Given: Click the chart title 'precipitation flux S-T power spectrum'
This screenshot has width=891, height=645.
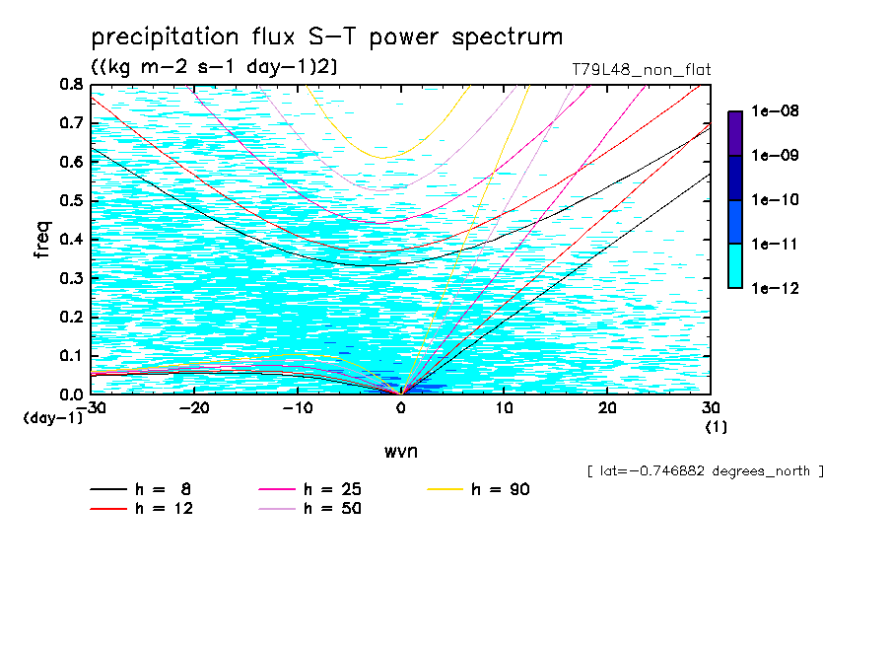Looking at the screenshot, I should [x=327, y=37].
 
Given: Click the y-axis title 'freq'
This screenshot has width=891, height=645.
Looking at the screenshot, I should [x=42, y=240].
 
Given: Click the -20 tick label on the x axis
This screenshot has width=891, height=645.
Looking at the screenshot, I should [x=193, y=408].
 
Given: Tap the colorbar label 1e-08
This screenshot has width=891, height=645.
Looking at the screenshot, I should [x=772, y=112].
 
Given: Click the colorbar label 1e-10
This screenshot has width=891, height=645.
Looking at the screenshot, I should [x=772, y=200].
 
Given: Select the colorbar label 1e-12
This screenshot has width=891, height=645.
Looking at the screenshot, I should [x=772, y=288].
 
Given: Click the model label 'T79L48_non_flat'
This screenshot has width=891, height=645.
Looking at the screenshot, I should [x=641, y=70].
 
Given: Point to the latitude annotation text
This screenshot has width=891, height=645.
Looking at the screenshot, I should [x=705, y=471].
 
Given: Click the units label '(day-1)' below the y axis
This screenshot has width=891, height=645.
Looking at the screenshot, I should [x=52, y=418].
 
